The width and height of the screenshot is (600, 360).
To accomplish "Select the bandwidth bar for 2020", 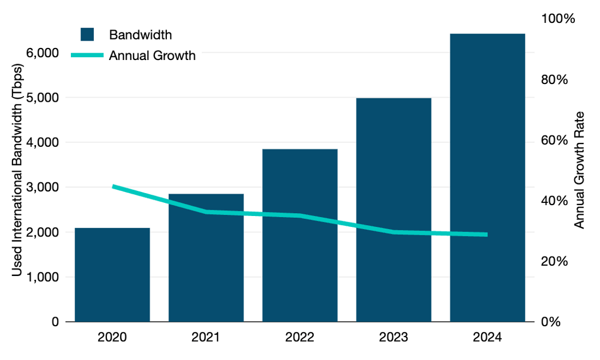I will click(x=112, y=274).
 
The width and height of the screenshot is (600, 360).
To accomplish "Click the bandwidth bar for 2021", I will click(x=206, y=263).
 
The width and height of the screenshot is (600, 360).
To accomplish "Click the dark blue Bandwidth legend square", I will click(x=87, y=34).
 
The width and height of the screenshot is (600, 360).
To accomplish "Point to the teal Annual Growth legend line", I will click(x=87, y=55).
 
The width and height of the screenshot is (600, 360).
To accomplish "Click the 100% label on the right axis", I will click(x=557, y=19).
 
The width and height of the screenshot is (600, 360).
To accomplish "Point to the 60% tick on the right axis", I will click(x=554, y=141).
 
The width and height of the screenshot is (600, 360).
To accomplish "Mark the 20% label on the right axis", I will click(x=554, y=262).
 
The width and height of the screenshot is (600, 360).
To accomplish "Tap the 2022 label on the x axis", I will click(x=299, y=337).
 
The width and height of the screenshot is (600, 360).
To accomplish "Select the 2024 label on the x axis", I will click(x=487, y=337).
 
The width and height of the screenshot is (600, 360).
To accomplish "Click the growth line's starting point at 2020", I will click(x=113, y=186).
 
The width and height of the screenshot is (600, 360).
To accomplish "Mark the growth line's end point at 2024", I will click(x=487, y=234).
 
